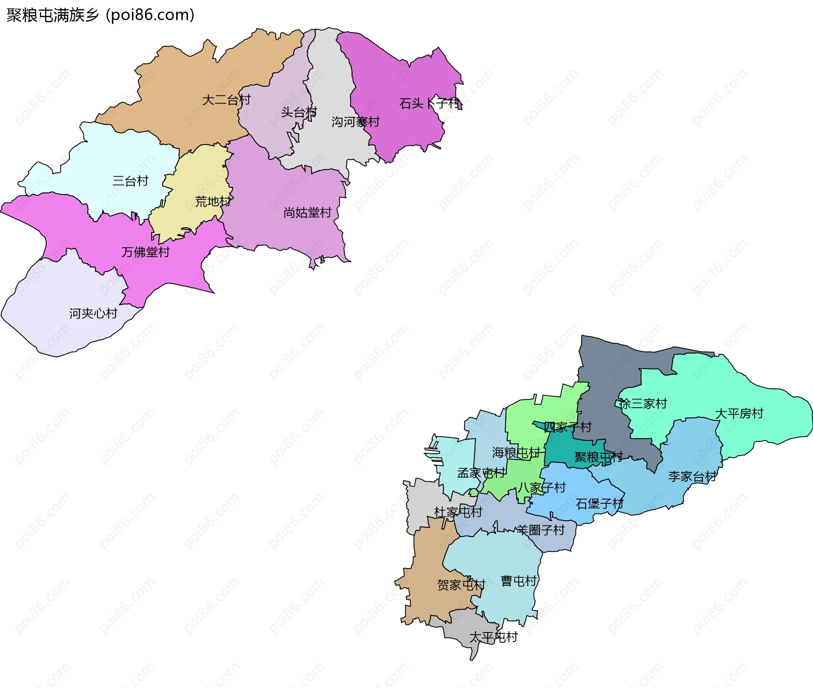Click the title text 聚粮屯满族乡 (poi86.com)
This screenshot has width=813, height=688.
point(100,15)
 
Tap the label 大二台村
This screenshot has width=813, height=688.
point(226,100)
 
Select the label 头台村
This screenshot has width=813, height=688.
point(299,112)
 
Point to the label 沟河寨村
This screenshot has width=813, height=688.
point(355,122)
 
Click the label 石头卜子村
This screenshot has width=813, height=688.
point(430,103)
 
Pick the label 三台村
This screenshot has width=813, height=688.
point(130,181)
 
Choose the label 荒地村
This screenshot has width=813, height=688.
point(213,201)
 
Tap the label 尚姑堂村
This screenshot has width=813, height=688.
point(307,213)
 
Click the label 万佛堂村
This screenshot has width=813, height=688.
point(145,252)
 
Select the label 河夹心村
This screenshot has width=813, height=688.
point(93,313)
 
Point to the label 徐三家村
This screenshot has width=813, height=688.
point(643,404)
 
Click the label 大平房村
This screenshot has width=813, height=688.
point(739,413)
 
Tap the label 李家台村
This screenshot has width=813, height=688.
point(692,477)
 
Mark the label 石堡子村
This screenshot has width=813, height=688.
point(599,504)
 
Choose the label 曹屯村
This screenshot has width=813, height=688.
point(518,581)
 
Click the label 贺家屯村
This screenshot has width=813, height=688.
point(461,585)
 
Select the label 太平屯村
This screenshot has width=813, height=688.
point(493,637)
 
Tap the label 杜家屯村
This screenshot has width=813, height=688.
point(458,512)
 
